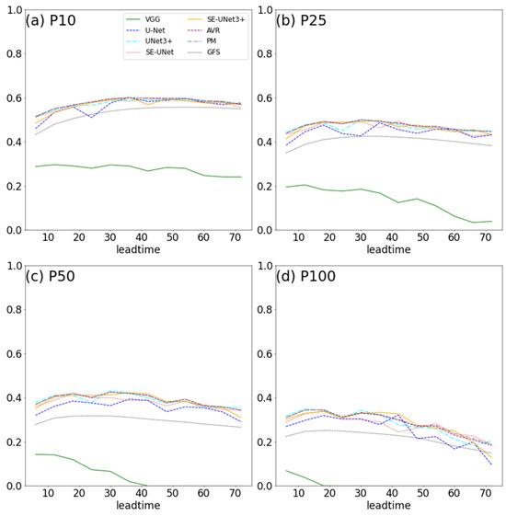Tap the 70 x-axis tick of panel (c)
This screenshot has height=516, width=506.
(x=235, y=495)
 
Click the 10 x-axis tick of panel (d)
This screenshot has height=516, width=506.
(x=299, y=495)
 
